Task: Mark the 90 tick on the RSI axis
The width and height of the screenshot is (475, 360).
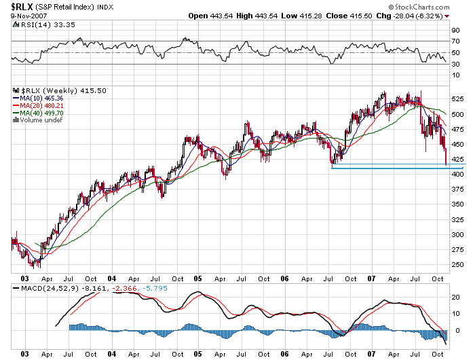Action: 456,29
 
